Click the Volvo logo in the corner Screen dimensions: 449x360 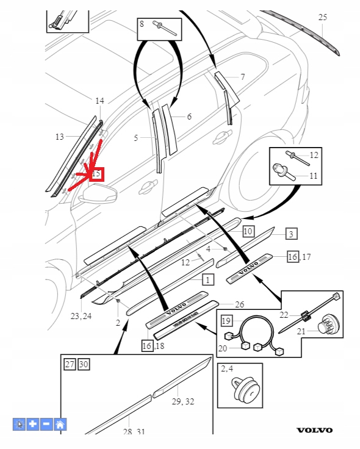(x=315, y=430)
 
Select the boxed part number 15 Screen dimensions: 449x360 (x=96, y=174)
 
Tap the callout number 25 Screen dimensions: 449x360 (x=323, y=18)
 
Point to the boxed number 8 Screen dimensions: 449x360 (x=142, y=24)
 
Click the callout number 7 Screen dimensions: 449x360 (x=242, y=77)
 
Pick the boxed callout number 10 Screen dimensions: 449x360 (x=247, y=231)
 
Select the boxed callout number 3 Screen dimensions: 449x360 (x=291, y=234)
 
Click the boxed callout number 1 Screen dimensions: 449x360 (x=208, y=280)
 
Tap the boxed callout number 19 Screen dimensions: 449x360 (x=226, y=320)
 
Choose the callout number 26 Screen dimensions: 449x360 (x=239, y=304)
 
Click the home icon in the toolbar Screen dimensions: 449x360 (x=60, y=424)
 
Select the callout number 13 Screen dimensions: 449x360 (x=59, y=137)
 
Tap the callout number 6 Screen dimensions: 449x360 (x=189, y=117)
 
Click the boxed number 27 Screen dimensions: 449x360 (x=70, y=365)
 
